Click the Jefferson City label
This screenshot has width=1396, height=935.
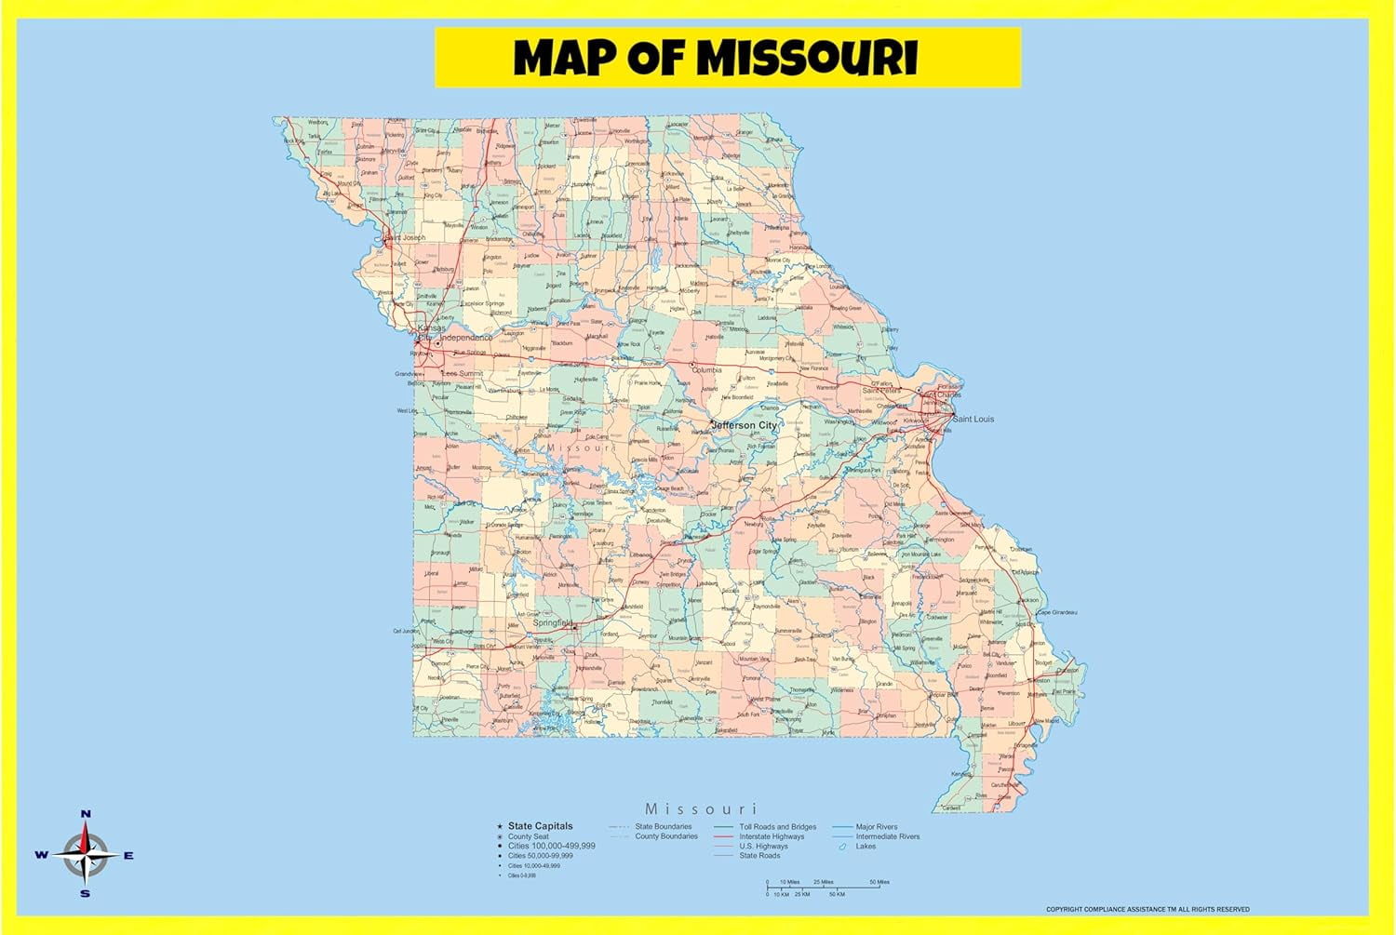click(x=744, y=425)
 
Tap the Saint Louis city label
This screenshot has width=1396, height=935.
click(x=973, y=419)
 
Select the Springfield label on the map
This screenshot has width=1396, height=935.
click(x=553, y=622)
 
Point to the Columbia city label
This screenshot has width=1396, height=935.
click(x=706, y=370)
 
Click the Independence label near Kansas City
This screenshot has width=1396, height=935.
click(x=466, y=338)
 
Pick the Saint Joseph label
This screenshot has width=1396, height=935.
click(x=405, y=238)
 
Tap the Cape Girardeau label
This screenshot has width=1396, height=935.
click(x=1057, y=612)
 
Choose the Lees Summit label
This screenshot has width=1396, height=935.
click(x=462, y=373)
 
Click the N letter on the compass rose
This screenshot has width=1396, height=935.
click(x=86, y=814)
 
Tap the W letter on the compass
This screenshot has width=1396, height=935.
click(x=41, y=855)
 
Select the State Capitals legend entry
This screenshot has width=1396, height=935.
click(x=540, y=826)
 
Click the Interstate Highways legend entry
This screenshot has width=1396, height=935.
click(x=772, y=836)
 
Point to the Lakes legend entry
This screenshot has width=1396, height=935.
click(x=866, y=847)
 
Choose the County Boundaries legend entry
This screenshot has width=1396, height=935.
click(x=665, y=836)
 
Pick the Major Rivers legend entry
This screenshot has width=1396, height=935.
click(x=876, y=826)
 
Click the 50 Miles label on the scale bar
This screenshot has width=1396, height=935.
click(x=879, y=882)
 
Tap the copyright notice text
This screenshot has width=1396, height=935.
click(x=1148, y=909)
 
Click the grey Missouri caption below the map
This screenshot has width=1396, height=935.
click(x=701, y=808)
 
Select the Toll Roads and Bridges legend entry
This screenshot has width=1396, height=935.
click(x=777, y=826)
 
